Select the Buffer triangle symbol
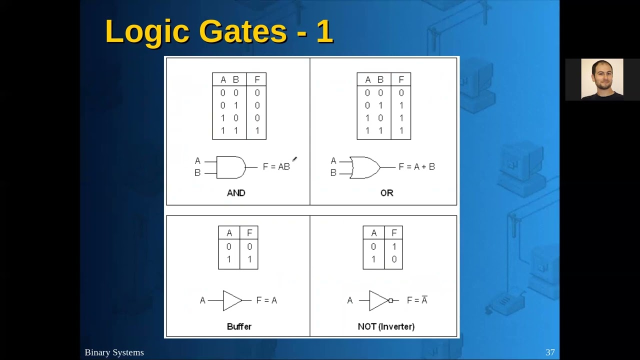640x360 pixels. [232, 300]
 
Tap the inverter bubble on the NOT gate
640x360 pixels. [391, 300]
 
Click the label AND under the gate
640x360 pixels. [236, 193]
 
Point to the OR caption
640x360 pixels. [386, 193]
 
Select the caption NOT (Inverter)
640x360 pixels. [386, 326]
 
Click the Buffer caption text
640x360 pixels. [239, 326]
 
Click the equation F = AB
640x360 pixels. [276, 167]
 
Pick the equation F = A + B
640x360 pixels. [416, 167]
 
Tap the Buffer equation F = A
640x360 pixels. [266, 300]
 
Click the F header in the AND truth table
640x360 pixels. [257, 79]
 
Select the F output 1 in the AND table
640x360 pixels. [257, 130]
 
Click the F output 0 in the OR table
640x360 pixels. [401, 93]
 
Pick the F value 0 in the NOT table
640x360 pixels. [394, 259]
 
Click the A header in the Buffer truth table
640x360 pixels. [229, 233]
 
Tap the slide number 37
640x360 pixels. [550, 352]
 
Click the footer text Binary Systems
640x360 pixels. [114, 352]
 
